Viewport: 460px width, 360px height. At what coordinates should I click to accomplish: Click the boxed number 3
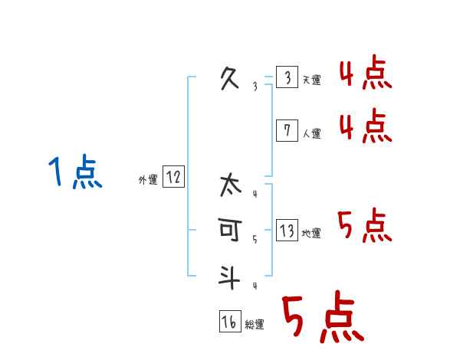pyautogui.click(x=287, y=78)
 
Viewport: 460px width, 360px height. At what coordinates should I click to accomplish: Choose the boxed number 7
pyautogui.click(x=287, y=131)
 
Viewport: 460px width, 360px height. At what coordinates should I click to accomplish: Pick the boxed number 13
pyautogui.click(x=287, y=231)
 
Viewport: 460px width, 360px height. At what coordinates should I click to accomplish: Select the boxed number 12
pyautogui.click(x=173, y=178)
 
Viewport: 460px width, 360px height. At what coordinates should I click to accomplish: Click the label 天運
pyautogui.click(x=311, y=80)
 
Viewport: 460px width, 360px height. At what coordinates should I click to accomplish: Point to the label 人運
pyautogui.click(x=311, y=133)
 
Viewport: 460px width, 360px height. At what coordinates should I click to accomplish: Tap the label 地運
pyautogui.click(x=311, y=234)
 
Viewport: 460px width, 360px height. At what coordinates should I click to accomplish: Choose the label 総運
pyautogui.click(x=255, y=325)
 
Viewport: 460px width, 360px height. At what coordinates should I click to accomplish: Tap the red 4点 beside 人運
pyautogui.click(x=365, y=126)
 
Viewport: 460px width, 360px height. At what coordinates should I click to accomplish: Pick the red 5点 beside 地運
pyautogui.click(x=365, y=226)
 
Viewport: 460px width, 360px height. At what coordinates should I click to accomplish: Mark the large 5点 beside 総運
pyautogui.click(x=322, y=318)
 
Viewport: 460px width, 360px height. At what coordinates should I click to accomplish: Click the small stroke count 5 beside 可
pyautogui.click(x=255, y=240)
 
